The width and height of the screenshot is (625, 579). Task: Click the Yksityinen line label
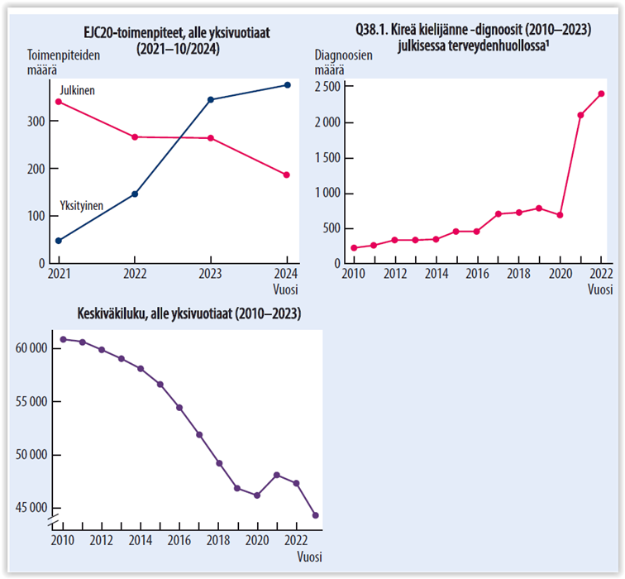tap(81, 203)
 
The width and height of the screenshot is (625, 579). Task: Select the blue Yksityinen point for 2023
tap(211, 99)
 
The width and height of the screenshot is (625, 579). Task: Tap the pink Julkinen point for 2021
tap(58, 102)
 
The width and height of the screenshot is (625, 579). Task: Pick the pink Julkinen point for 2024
tap(286, 175)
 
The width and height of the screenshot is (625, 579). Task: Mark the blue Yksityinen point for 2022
tap(135, 194)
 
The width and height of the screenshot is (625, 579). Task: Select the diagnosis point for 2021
tap(580, 115)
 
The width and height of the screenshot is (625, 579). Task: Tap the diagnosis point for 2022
tap(601, 93)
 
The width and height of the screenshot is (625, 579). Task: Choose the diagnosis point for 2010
tap(354, 247)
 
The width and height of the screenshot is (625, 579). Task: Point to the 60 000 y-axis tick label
tap(31, 348)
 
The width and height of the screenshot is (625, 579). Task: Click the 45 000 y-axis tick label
tap(31, 508)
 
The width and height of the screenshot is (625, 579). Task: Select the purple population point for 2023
tap(315, 515)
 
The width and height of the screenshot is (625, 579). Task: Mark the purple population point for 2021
tap(276, 475)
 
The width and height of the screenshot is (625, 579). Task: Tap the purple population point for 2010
tap(64, 339)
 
